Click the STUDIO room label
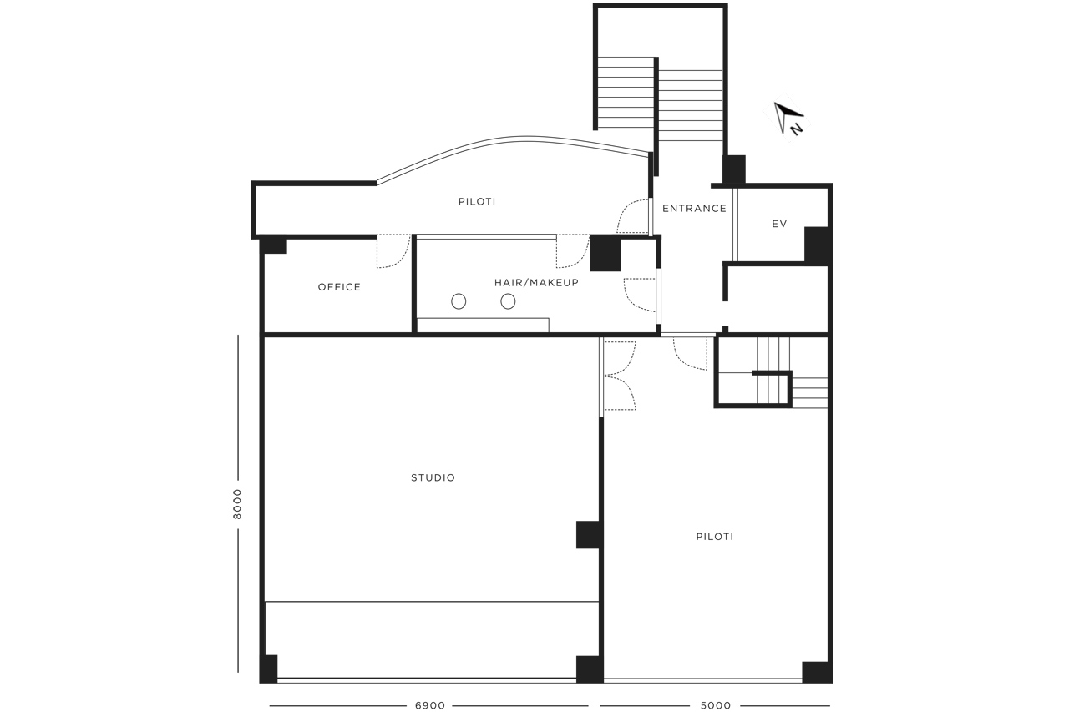(433, 477)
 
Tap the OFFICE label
(339, 287)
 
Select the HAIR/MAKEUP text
(536, 283)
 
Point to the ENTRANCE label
(694, 209)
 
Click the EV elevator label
(779, 224)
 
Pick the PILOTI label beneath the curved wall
(477, 202)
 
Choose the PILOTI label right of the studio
(714, 537)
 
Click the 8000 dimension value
(237, 504)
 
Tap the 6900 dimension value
(430, 705)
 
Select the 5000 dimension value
(716, 705)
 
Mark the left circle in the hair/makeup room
(459, 301)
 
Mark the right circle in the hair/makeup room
(508, 301)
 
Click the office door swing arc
(403, 258)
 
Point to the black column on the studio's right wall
(589, 534)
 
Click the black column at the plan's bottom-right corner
(817, 672)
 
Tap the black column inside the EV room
(817, 245)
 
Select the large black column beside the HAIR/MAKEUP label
(605, 254)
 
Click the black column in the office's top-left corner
(274, 245)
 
